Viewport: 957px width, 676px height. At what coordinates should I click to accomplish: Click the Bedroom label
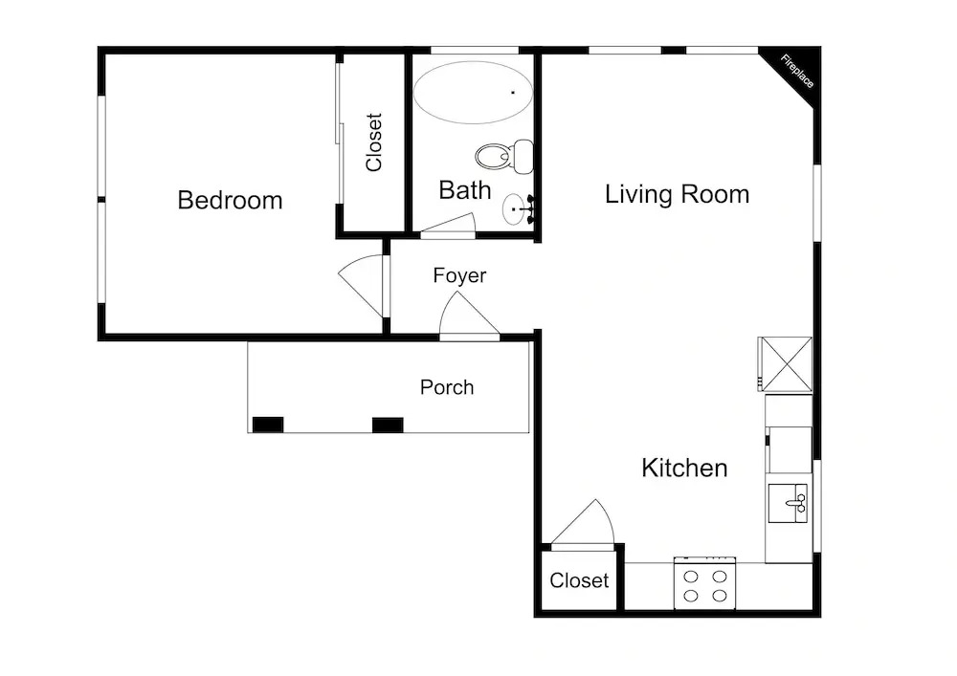(x=230, y=201)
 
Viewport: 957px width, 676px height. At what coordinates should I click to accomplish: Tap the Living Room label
(x=677, y=194)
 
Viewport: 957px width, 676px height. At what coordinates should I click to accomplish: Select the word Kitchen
(x=684, y=469)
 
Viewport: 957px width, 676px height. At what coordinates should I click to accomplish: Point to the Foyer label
(x=459, y=275)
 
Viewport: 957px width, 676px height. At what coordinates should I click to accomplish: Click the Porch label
(x=447, y=387)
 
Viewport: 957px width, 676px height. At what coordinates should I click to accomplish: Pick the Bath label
(x=465, y=190)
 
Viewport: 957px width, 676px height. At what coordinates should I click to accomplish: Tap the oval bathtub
(x=473, y=93)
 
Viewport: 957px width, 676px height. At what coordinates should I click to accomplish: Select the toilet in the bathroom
(x=503, y=157)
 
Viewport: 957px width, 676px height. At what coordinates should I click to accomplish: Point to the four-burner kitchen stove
(x=704, y=583)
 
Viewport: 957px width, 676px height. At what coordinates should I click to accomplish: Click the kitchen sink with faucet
(x=788, y=504)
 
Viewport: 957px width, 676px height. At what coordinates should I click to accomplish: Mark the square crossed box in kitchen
(x=786, y=364)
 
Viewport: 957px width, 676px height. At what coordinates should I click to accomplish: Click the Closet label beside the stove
(x=579, y=580)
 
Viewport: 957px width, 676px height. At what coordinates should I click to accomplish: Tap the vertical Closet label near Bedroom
(x=373, y=142)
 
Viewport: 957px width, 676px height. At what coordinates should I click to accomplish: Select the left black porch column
(x=268, y=425)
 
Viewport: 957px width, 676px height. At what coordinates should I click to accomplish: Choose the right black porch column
(x=388, y=425)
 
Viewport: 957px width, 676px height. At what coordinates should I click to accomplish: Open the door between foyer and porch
(x=469, y=314)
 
